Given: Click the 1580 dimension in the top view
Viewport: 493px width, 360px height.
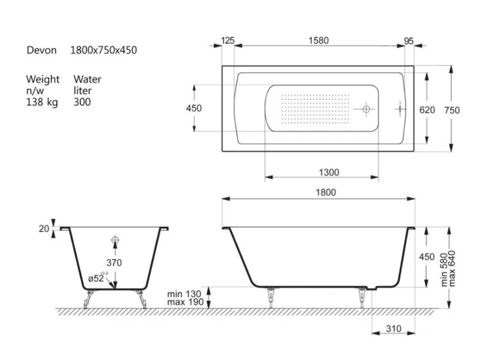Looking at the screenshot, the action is coord(318,41).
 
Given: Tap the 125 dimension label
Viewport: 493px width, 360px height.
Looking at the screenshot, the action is coord(228,41).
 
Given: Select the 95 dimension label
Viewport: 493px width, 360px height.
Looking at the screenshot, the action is coord(408,41).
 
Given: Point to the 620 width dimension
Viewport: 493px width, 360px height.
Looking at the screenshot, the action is coord(427,110).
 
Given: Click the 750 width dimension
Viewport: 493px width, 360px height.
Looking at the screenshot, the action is coord(452,110).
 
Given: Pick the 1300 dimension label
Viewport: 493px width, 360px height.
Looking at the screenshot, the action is coord(329,172).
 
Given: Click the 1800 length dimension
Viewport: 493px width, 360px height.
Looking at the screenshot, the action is coord(325,192).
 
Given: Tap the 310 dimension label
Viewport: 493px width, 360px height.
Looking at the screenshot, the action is coord(394,329).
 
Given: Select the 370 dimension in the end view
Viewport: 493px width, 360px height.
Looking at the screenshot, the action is coord(114,263).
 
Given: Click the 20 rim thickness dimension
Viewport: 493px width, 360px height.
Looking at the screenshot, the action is coord(44,229).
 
